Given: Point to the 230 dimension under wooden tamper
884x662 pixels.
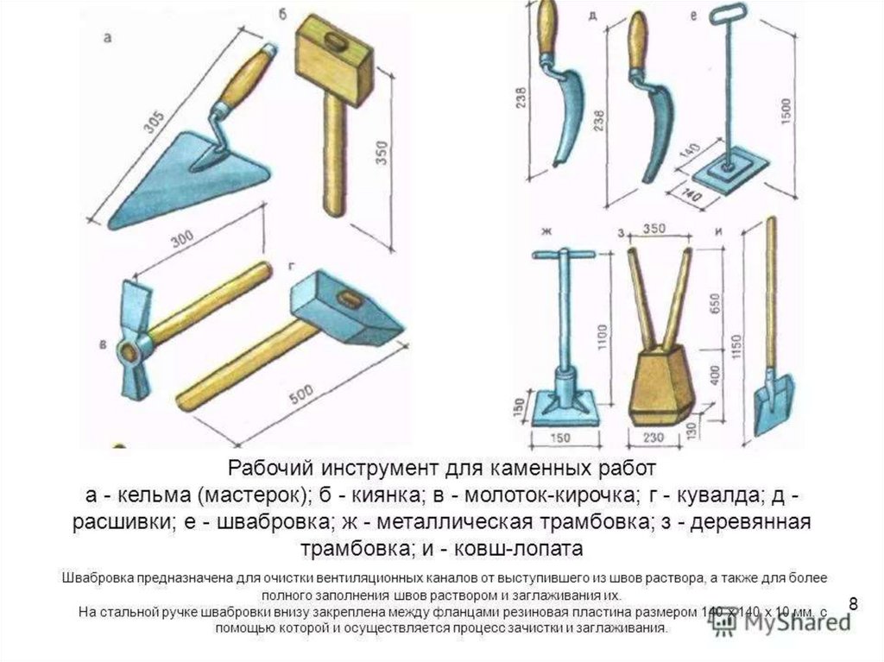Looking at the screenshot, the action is click(654, 439).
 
